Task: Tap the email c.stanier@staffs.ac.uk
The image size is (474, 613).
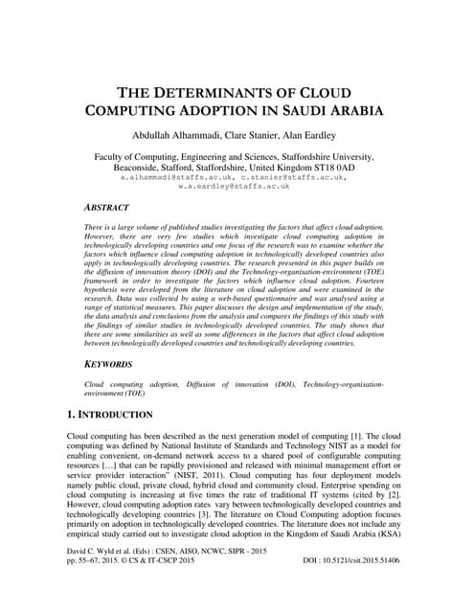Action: click(293, 178)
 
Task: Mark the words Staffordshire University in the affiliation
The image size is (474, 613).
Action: click(332, 155)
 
